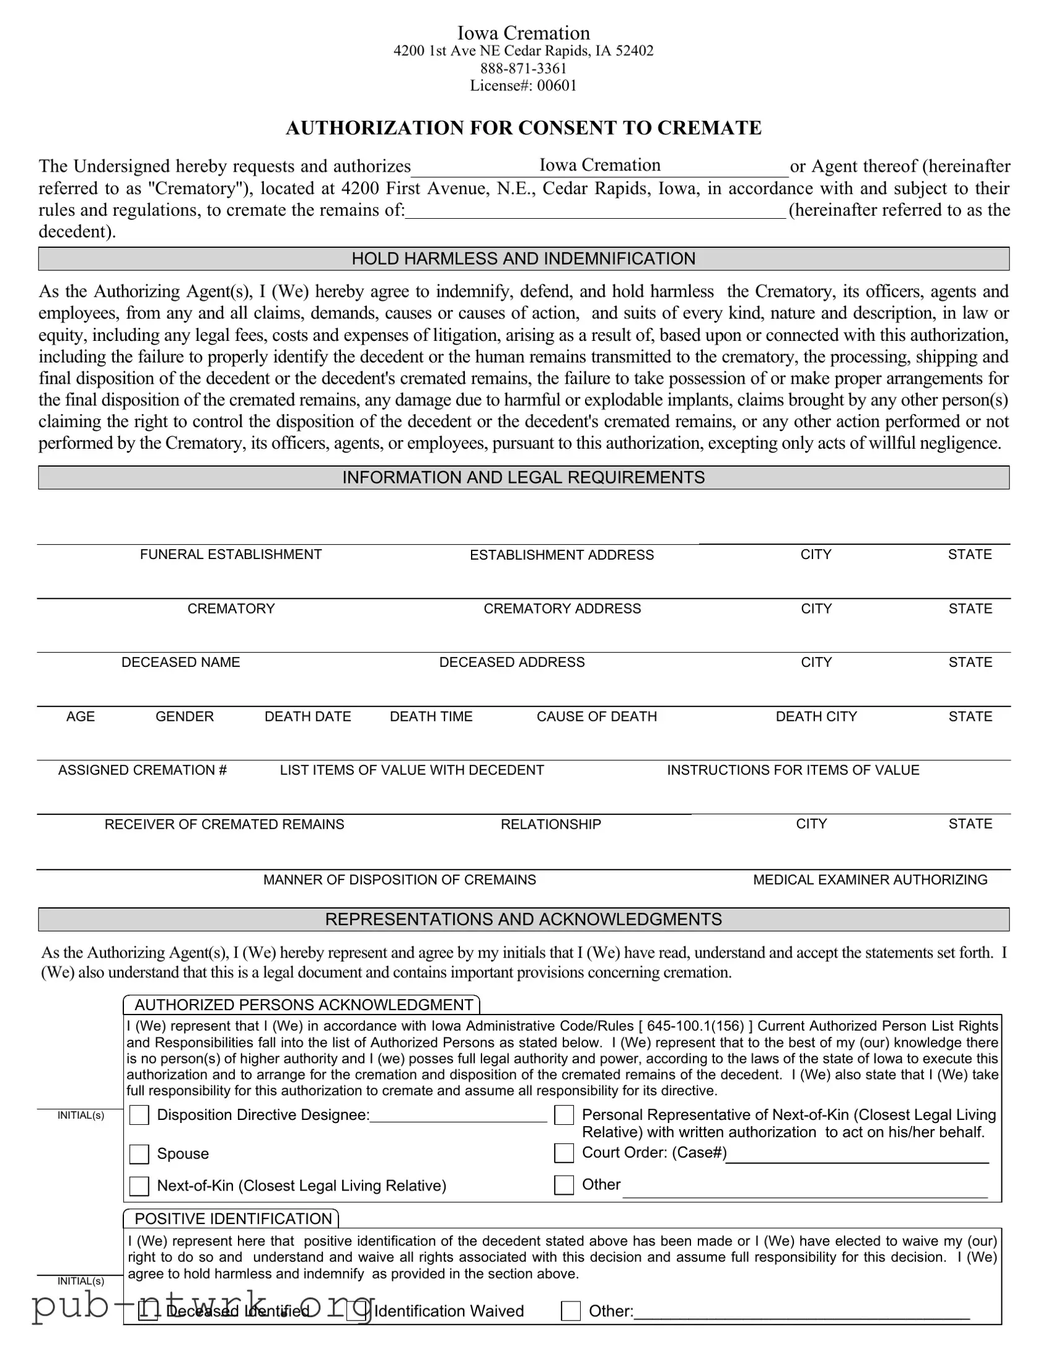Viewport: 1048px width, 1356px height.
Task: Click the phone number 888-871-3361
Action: pos(523,68)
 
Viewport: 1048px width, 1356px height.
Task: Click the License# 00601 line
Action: pos(523,86)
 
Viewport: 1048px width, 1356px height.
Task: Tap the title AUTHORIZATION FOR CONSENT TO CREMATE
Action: pos(523,128)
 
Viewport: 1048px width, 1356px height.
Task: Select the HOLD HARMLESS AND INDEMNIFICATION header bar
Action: pos(523,259)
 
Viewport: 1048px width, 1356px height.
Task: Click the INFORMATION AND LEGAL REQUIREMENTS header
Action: pos(523,477)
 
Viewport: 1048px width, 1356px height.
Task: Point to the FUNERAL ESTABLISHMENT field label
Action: pos(231,555)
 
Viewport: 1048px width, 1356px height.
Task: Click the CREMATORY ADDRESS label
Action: pos(562,609)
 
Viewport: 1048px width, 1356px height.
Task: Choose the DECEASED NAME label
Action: pos(181,663)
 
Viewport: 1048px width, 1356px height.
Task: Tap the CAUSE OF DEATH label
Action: pos(597,716)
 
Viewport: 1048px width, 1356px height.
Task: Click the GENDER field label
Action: pos(185,716)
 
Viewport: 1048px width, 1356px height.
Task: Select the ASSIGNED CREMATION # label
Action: pos(142,770)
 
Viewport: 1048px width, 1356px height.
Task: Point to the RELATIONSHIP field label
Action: pos(551,824)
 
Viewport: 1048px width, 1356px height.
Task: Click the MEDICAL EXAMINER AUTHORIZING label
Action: pos(870,880)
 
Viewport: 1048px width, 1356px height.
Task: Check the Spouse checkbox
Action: pos(139,1154)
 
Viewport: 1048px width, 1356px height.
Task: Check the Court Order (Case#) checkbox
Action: pos(564,1153)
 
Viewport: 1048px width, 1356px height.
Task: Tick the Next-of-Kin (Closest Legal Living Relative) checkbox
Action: pos(139,1186)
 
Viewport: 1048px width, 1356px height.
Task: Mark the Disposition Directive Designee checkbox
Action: pos(139,1115)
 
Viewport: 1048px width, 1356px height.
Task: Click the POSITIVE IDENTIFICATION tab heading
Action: pos(233,1219)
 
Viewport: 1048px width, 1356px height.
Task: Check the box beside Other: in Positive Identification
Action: pos(571,1311)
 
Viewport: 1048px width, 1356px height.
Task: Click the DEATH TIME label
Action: pos(431,716)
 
